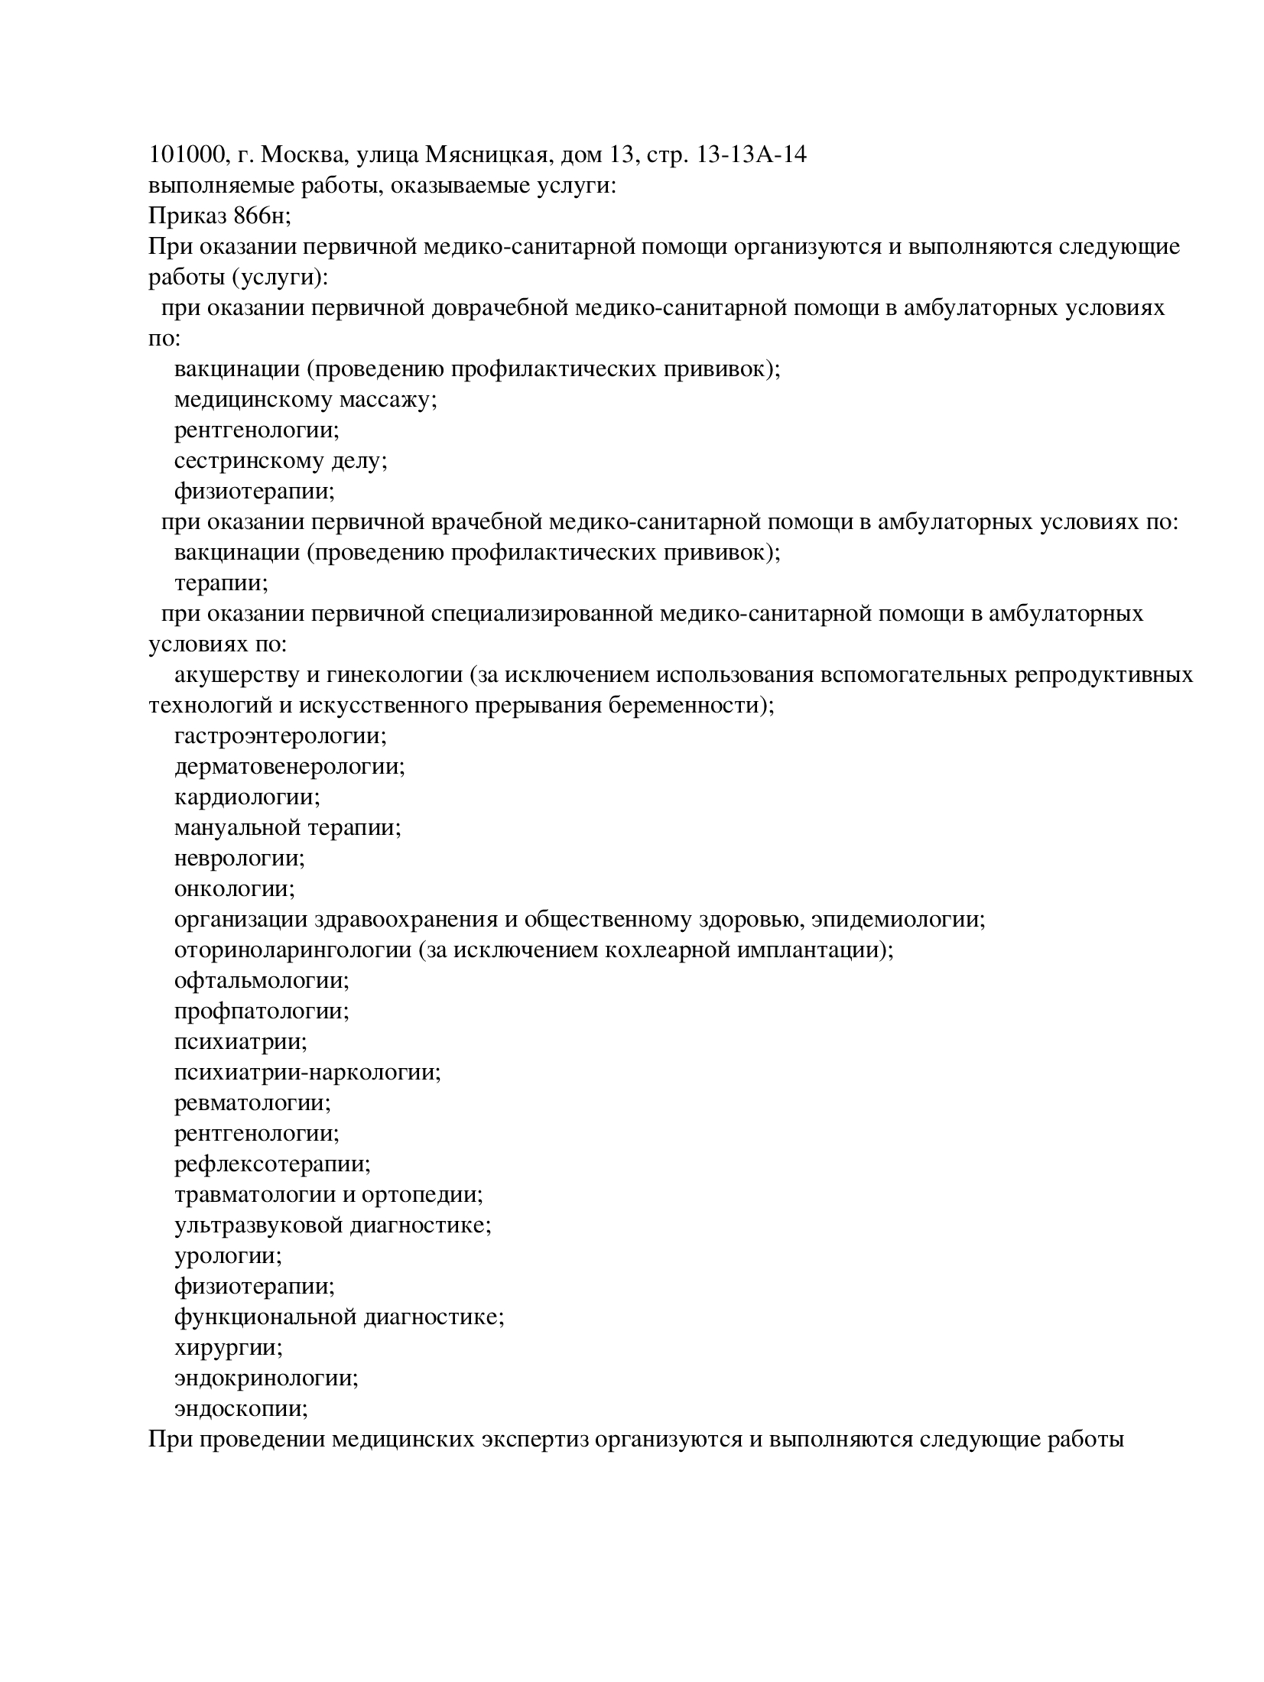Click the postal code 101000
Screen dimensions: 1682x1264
tap(186, 155)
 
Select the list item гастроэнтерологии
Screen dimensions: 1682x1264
tap(280, 736)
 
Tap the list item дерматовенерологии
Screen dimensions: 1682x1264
tap(289, 767)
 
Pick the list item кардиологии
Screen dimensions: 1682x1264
tap(247, 797)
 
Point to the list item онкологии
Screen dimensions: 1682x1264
tap(234, 889)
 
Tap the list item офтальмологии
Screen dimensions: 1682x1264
tap(261, 981)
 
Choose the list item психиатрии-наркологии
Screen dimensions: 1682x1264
tap(307, 1073)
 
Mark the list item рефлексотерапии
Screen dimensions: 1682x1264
tap(272, 1164)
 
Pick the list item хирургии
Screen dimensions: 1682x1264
tap(228, 1348)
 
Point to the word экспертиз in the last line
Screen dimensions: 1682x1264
tap(535, 1440)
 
